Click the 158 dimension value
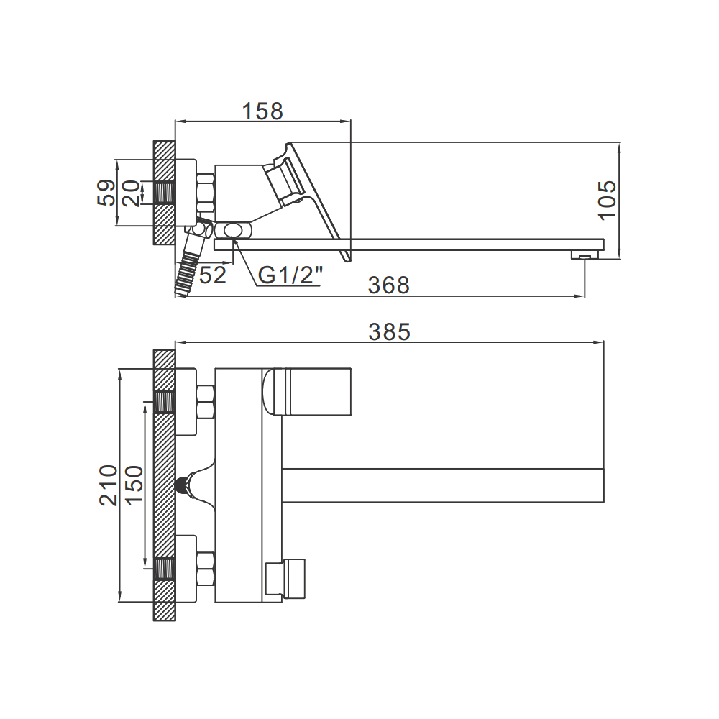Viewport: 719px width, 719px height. [262, 111]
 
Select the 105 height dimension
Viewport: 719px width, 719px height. [608, 201]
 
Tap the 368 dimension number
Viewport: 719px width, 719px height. [388, 285]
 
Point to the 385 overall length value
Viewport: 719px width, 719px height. [389, 331]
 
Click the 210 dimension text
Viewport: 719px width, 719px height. [109, 485]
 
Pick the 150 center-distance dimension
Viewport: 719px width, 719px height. [134, 485]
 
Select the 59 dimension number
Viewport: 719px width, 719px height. [106, 193]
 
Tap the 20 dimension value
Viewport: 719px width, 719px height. [131, 193]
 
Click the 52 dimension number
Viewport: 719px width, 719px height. [213, 275]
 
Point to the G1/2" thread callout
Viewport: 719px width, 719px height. [290, 275]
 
